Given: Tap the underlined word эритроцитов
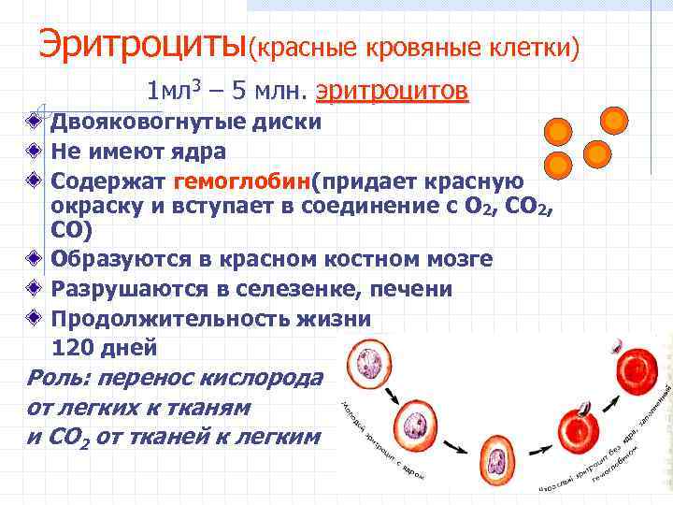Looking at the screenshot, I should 393,92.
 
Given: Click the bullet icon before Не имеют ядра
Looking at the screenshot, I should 33,150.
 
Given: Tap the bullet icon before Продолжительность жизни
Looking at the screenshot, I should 33,318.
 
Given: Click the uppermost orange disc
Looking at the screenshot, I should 614,120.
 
